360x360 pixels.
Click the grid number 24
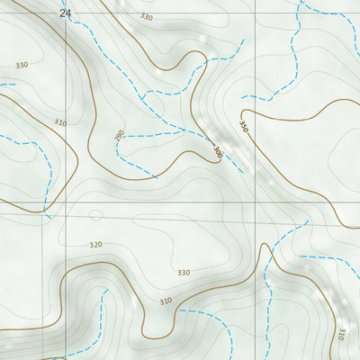64,13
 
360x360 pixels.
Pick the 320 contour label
96,245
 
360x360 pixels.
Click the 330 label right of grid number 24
147,17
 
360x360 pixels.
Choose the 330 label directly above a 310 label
184,272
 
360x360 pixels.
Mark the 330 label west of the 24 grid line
22,65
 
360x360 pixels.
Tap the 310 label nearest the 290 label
60,122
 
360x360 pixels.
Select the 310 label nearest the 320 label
166,301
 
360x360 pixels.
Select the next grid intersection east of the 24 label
255,2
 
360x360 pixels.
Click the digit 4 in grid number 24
67,13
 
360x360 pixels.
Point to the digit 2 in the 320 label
96,245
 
